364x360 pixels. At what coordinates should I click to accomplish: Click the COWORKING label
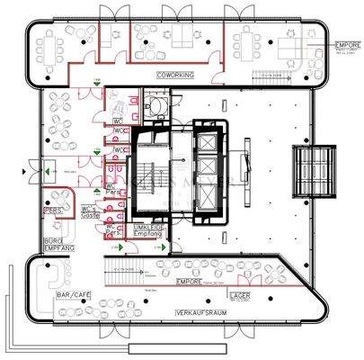point(174,76)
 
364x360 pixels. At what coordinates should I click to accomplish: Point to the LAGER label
point(240,294)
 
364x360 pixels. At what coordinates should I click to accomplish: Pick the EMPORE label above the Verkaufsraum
point(189,281)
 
